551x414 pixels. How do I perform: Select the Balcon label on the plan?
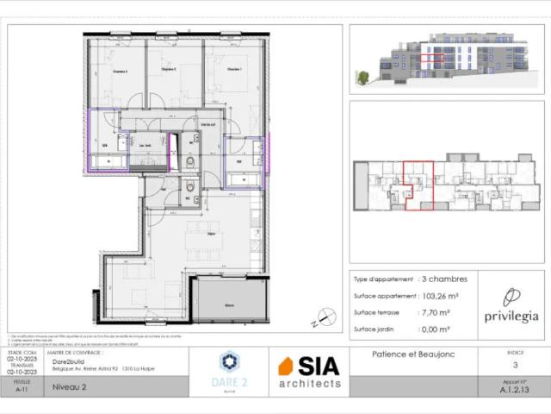pyautogui.click(x=228, y=306)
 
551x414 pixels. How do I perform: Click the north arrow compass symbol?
pyautogui.click(x=325, y=318)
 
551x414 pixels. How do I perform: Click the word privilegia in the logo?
pyautogui.click(x=511, y=316)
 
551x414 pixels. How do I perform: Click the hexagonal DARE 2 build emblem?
pyautogui.click(x=229, y=361)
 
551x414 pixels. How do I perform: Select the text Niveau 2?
pyautogui.click(x=70, y=388)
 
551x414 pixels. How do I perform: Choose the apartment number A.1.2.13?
pyautogui.click(x=514, y=390)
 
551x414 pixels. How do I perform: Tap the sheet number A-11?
pyautogui.click(x=22, y=390)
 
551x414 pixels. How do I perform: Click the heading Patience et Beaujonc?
pyautogui.click(x=412, y=354)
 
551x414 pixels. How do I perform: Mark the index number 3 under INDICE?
pyautogui.click(x=514, y=366)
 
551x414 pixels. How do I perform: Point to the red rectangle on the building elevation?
pyautogui.click(x=437, y=60)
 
